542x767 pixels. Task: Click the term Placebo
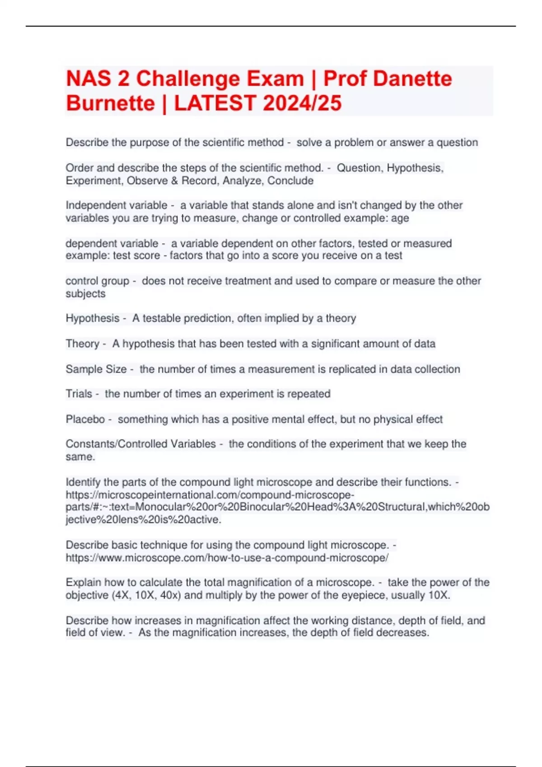85,419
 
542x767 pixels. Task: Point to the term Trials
79,394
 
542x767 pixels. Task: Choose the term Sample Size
96,369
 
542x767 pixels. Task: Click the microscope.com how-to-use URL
227,558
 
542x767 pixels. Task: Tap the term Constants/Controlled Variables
141,444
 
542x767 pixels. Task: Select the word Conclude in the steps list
290,180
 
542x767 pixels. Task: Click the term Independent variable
117,205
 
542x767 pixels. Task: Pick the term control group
98,281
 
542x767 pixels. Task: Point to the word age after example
400,218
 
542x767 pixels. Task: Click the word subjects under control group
85,293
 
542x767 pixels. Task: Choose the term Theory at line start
82,344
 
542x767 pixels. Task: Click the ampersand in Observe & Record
174,180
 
